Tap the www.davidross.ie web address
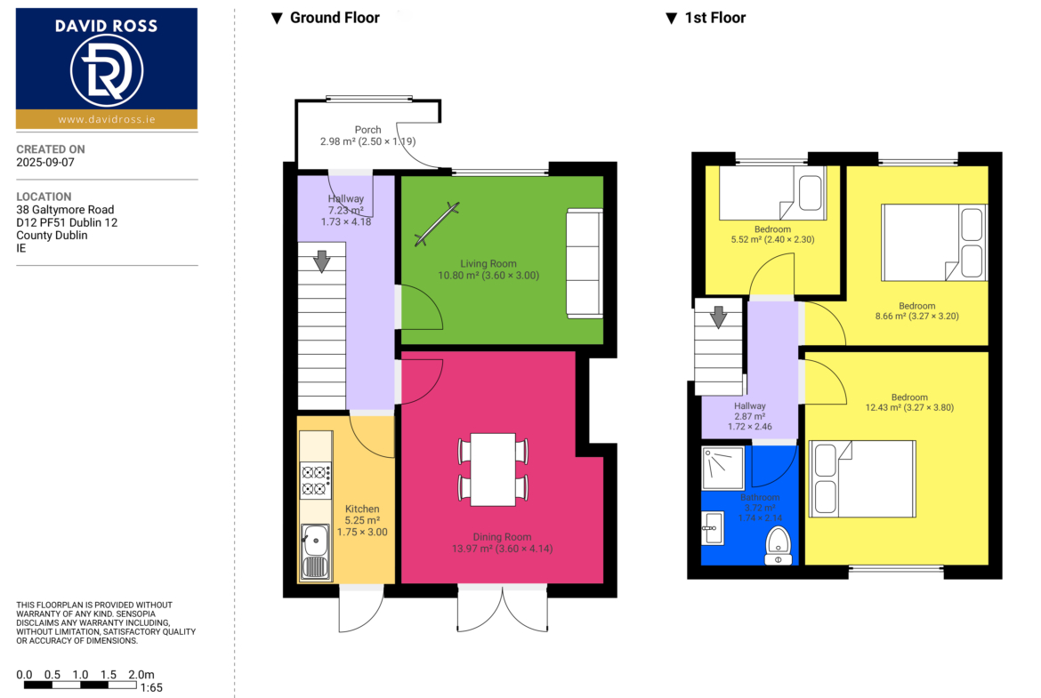106,119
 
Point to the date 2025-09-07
45,163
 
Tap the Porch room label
367,130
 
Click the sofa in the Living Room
585,263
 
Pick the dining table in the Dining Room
493,469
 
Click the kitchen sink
315,550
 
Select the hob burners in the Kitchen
316,481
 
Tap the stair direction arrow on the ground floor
322,261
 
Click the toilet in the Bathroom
779,545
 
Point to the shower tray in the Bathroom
723,468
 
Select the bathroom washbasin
713,528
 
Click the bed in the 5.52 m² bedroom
773,193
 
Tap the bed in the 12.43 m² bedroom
862,479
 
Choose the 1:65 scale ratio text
151,688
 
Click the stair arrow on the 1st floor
718,317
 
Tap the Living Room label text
488,263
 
